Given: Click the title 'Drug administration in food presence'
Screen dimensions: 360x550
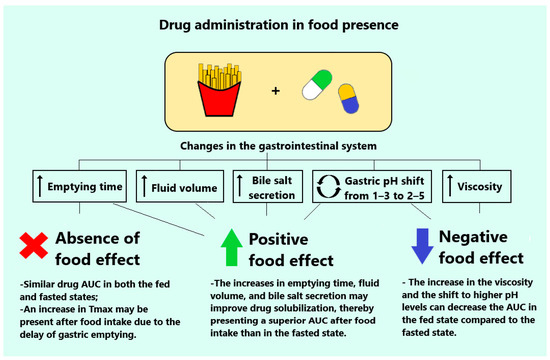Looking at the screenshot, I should (274, 22).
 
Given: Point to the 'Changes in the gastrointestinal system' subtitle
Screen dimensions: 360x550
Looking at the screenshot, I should (273, 147).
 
